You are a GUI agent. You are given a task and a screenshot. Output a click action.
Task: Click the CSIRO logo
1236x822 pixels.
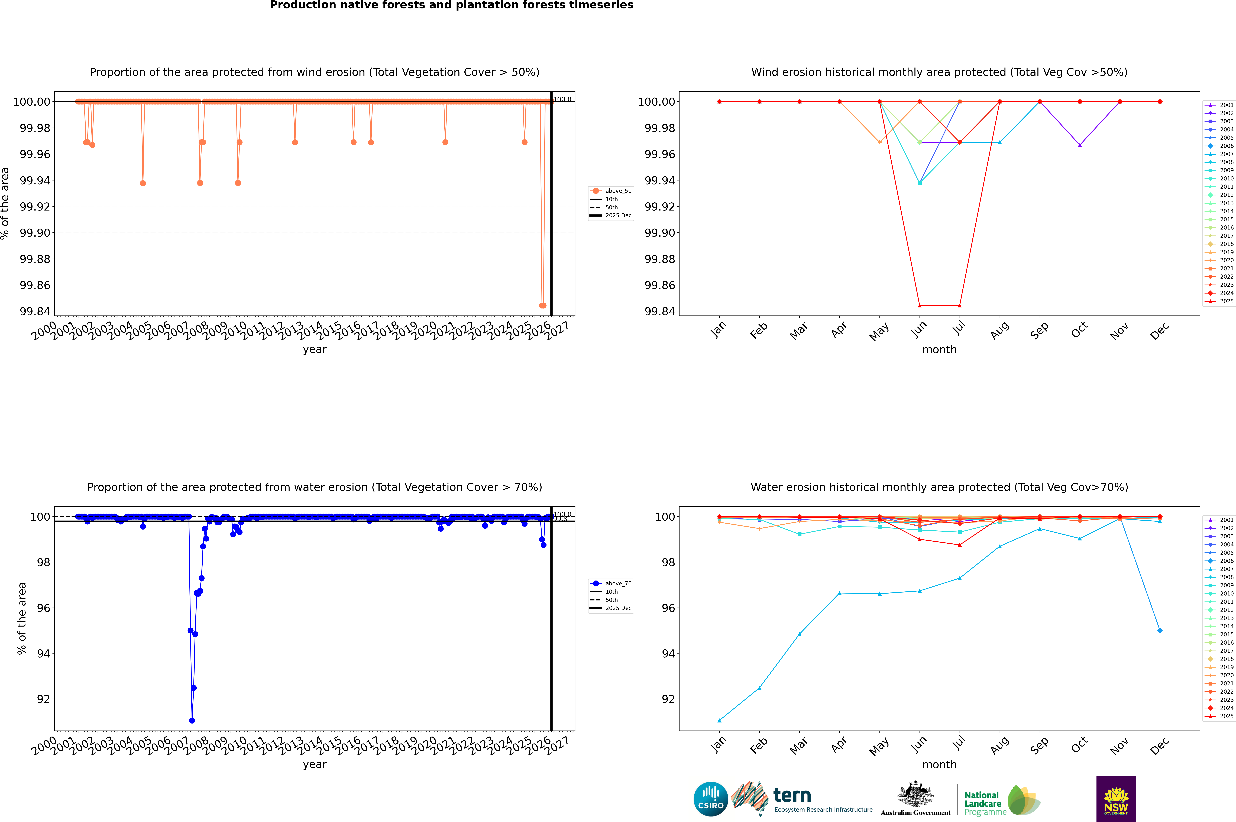click(x=710, y=799)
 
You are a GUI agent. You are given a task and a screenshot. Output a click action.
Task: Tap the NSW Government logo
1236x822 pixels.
click(x=1116, y=799)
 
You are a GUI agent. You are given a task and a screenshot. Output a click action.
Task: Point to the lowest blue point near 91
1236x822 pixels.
click(x=192, y=720)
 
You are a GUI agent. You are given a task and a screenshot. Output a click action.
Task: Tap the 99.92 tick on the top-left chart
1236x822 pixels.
click(x=35, y=207)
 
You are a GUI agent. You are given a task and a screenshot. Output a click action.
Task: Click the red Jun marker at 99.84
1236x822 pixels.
click(x=920, y=306)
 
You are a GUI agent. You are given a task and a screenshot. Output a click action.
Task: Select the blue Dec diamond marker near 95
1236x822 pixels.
click(x=1160, y=630)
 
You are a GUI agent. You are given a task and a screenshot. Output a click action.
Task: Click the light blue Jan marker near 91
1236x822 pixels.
click(x=719, y=720)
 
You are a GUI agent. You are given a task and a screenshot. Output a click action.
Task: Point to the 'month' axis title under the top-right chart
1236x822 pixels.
click(x=939, y=350)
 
